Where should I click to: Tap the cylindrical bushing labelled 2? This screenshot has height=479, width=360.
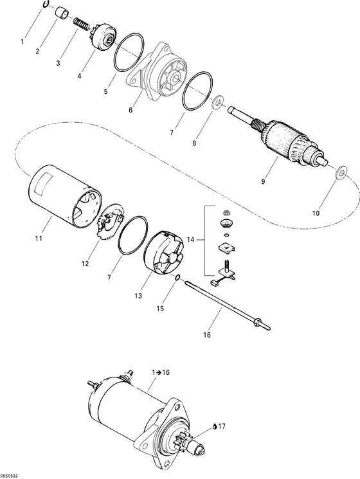point(62,13)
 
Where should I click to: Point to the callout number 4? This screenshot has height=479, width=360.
point(79,75)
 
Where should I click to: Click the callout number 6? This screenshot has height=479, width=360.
point(130,110)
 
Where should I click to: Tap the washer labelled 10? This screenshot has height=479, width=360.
point(339,172)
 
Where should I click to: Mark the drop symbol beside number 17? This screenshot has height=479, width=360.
point(215,426)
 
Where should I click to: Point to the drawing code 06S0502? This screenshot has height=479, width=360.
point(10,474)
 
